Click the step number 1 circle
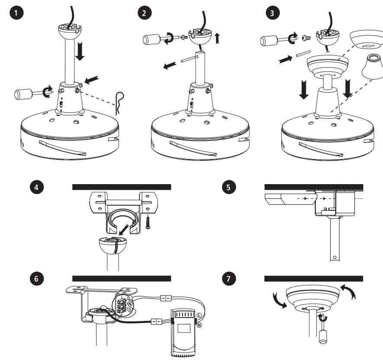click(x=16, y=13)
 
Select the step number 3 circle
click(x=271, y=13)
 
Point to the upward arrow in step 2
click(x=217, y=39)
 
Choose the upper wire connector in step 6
click(x=165, y=298)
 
